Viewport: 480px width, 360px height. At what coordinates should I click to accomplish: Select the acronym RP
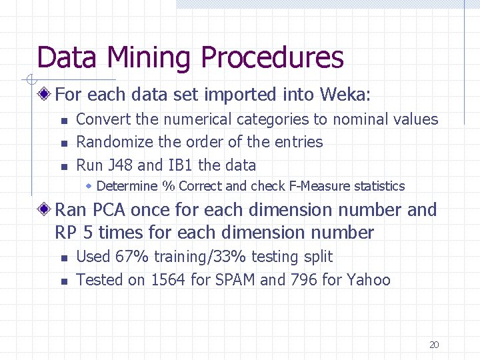pyautogui.click(x=65, y=233)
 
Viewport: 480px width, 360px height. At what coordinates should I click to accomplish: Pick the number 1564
pyautogui.click(x=169, y=279)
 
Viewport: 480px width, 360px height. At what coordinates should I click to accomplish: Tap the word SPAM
pyautogui.click(x=235, y=279)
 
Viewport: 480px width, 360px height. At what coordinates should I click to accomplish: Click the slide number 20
pyautogui.click(x=434, y=345)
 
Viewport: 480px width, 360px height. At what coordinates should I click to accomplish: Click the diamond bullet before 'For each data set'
pyautogui.click(x=44, y=95)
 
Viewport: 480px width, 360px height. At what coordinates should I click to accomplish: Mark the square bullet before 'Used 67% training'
pyautogui.click(x=63, y=258)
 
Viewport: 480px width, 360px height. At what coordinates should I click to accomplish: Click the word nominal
pyautogui.click(x=361, y=119)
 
